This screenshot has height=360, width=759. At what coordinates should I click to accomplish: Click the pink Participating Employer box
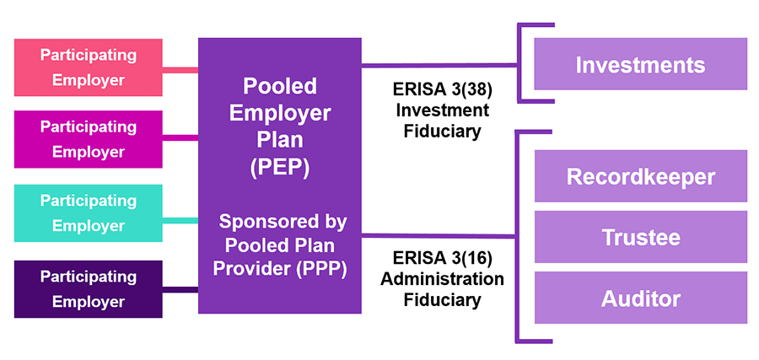[x=89, y=67]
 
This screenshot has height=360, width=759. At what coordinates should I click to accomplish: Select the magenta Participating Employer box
[x=89, y=139]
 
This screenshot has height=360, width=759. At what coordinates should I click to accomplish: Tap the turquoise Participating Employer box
[x=89, y=213]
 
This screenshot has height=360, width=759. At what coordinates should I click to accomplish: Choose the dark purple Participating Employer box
[x=89, y=289]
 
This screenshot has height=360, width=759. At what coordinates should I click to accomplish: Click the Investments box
[x=640, y=64]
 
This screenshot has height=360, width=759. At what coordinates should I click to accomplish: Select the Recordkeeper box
[x=640, y=176]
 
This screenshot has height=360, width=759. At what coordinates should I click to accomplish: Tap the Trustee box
[x=640, y=237]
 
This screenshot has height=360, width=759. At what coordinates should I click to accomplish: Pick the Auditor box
[x=640, y=298]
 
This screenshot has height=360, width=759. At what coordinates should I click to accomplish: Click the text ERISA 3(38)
[x=441, y=89]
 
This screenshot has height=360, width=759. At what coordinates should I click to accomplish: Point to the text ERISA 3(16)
[x=441, y=258]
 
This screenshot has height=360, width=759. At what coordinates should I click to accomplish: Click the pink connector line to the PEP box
[x=180, y=69]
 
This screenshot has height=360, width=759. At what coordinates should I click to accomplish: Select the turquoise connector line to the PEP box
[x=180, y=221]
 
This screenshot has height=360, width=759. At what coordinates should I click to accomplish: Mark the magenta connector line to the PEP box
[x=180, y=137]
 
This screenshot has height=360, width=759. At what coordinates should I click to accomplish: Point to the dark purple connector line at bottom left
[x=180, y=290]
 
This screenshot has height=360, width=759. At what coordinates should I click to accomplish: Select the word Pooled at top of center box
[x=280, y=86]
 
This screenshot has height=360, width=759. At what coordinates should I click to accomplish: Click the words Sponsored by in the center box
[x=280, y=223]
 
